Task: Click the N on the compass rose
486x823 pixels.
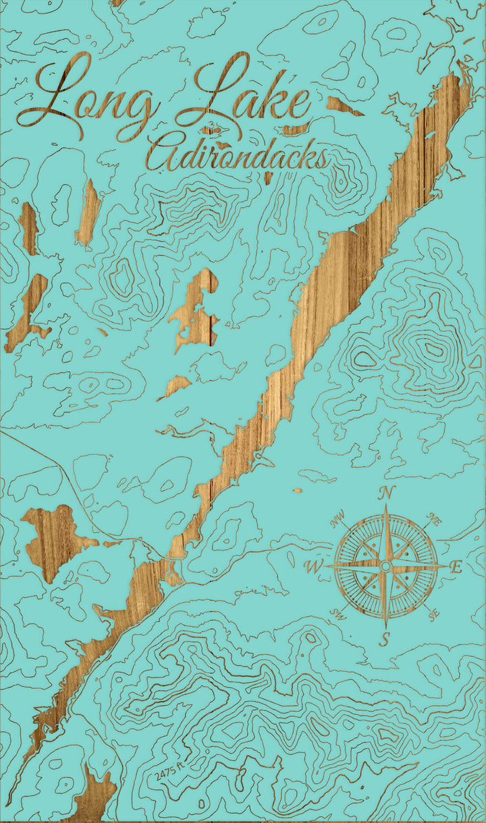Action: pyautogui.click(x=386, y=493)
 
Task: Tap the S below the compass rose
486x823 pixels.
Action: pyautogui.click(x=384, y=638)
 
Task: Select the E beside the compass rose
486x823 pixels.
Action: pyautogui.click(x=456, y=567)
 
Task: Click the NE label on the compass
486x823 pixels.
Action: pyautogui.click(x=434, y=519)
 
